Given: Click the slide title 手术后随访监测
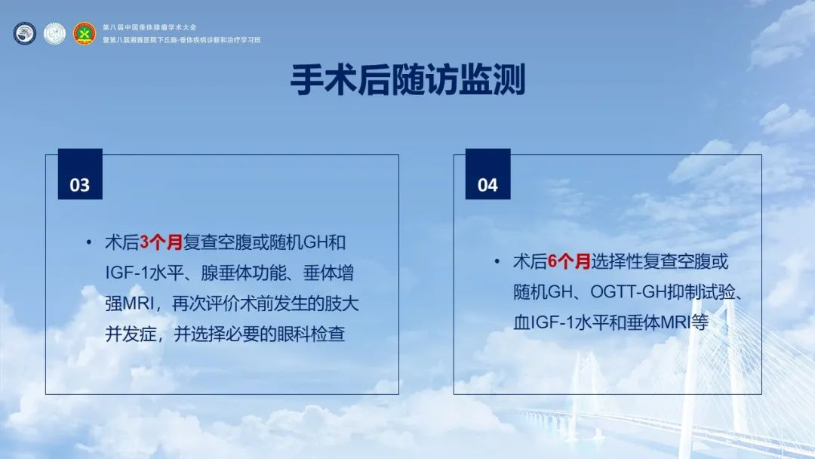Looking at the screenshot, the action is [x=407, y=79].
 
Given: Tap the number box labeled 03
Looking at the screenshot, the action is [x=80, y=174].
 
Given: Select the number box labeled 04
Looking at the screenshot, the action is [x=487, y=174].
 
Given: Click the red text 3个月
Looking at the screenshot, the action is [x=161, y=242].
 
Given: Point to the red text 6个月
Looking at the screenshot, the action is [x=569, y=261].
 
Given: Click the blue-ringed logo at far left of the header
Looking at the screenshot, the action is [x=24, y=34].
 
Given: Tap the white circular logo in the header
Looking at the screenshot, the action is [x=54, y=34].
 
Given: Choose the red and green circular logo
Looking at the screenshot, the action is [x=85, y=34].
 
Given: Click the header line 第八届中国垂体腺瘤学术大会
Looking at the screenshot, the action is [x=149, y=27].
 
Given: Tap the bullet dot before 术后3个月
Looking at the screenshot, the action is [x=89, y=242].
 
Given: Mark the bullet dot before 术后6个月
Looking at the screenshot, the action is [x=497, y=261].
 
